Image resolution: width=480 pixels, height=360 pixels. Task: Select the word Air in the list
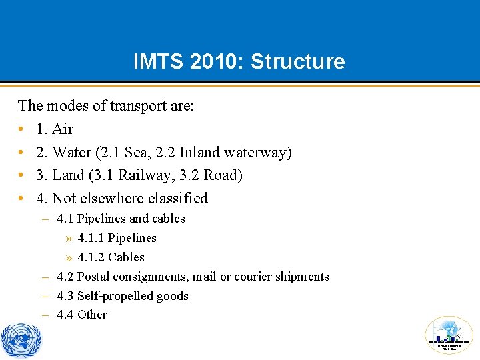[63, 129]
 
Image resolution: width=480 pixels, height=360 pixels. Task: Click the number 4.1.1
[91, 238]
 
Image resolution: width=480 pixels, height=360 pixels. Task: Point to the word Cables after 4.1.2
[126, 257]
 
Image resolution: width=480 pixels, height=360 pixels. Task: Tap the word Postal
[93, 277]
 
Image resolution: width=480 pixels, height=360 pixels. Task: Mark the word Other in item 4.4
[92, 315]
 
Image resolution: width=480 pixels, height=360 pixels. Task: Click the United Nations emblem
[21, 339]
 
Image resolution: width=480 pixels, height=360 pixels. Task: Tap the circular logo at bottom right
[449, 335]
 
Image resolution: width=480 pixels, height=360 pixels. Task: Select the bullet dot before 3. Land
[22, 175]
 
